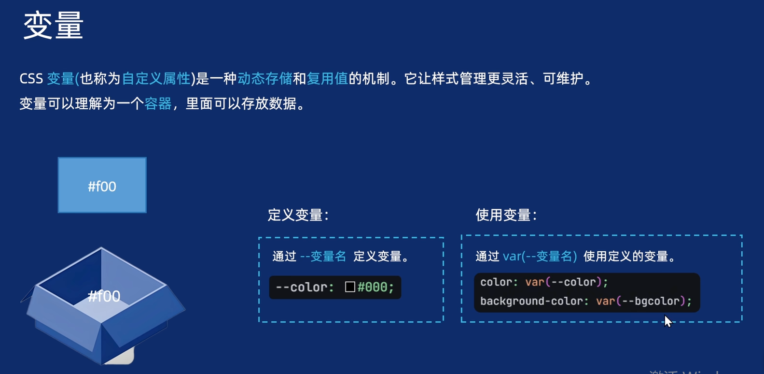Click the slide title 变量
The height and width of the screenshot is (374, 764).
coord(53,26)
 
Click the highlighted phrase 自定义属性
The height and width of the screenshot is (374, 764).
coord(156,79)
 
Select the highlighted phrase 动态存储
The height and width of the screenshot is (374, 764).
coord(264,79)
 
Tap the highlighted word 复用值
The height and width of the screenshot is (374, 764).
coord(327,79)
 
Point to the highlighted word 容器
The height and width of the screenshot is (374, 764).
coord(158,104)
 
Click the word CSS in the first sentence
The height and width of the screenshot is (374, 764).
coord(31,79)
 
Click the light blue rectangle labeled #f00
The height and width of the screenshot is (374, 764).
coord(102,186)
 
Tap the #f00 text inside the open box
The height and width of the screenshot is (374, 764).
coord(104,296)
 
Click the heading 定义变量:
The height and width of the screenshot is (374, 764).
coord(298,215)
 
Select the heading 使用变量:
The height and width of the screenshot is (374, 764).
coord(506,215)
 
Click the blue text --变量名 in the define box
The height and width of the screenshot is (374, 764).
coord(323,257)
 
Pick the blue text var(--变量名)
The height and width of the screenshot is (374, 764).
coord(540,257)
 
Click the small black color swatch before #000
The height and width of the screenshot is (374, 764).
coord(350,287)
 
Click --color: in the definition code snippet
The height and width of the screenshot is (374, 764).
coord(305,287)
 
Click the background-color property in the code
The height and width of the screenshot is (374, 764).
coord(531,301)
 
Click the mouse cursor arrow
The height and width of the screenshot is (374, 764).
coord(667,321)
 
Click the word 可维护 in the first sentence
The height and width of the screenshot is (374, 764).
coord(563,79)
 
